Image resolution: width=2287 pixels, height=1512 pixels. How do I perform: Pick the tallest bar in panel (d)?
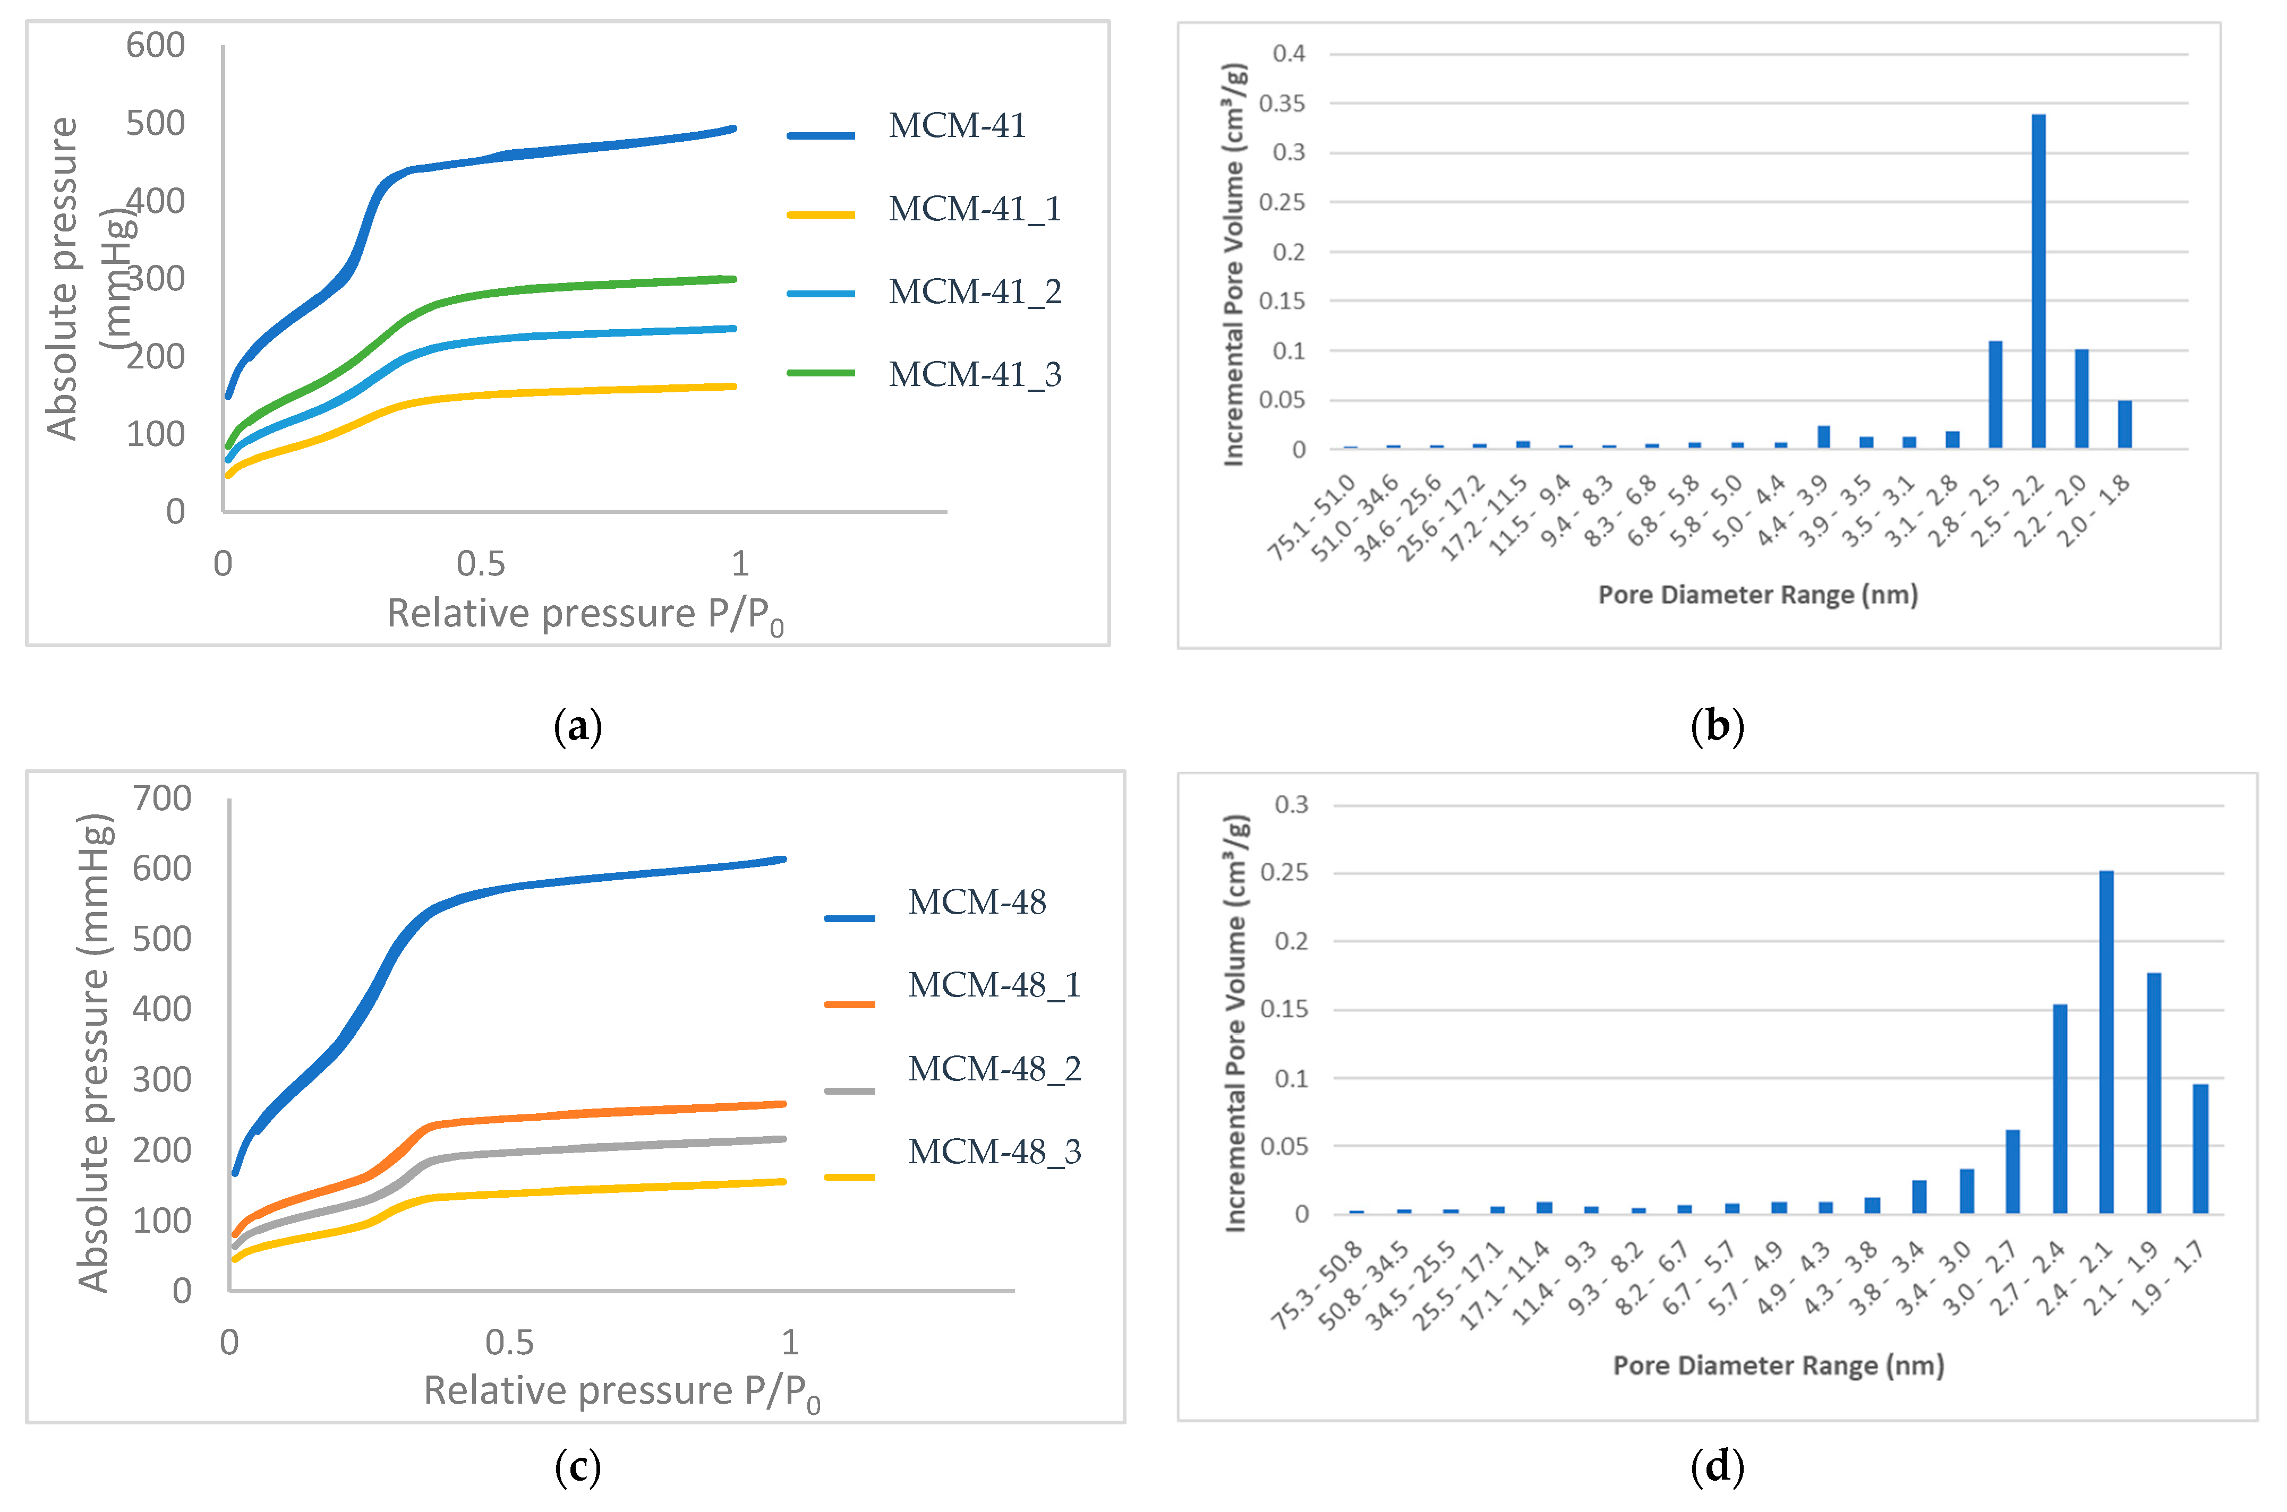click(x=2106, y=1042)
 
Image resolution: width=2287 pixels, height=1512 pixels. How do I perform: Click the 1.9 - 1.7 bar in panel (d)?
click(x=2200, y=1147)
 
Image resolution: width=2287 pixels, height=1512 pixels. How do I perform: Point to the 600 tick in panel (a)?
click(x=155, y=45)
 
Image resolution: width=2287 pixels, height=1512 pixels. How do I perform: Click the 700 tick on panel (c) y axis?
click(x=162, y=798)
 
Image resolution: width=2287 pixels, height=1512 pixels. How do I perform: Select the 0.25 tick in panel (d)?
click(x=1291, y=873)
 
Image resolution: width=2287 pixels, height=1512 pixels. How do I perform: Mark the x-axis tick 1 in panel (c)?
click(x=790, y=1342)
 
